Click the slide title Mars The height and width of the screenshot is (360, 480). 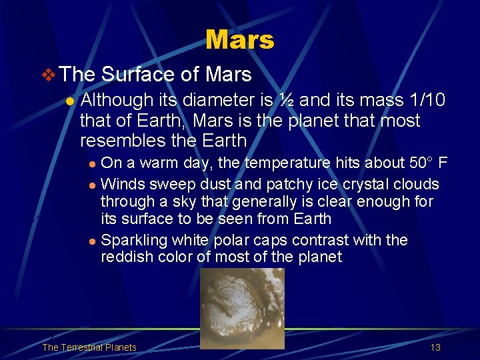click(x=239, y=40)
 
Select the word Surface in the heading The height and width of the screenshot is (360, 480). click(x=137, y=74)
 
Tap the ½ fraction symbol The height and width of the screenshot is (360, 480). click(x=287, y=100)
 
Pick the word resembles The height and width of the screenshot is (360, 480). click(x=122, y=141)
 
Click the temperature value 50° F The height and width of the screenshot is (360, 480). click(x=434, y=163)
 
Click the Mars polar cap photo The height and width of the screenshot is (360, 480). click(x=242, y=308)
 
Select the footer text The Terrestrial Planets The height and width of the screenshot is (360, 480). click(x=89, y=347)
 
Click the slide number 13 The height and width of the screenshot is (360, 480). click(x=435, y=347)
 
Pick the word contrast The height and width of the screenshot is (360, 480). click(x=321, y=240)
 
